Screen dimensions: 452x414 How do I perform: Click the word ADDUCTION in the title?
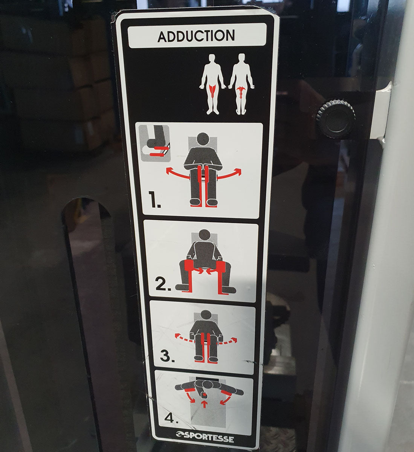(196, 36)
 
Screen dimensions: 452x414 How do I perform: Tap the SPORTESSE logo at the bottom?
(205, 438)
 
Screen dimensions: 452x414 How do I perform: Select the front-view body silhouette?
(213, 84)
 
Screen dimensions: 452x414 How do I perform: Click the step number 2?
(164, 285)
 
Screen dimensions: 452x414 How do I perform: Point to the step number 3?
(167, 355)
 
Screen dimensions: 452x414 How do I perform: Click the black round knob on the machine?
(335, 118)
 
